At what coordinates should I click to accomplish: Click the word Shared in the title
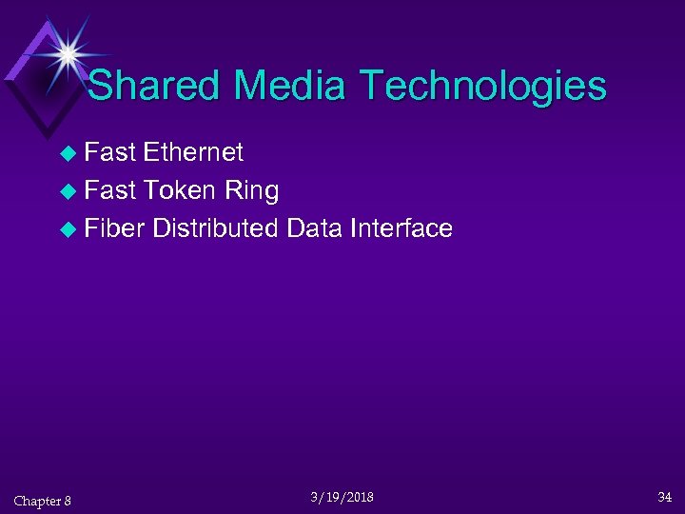[x=155, y=86]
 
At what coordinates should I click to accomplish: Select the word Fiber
[x=113, y=228]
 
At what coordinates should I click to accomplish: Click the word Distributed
[x=214, y=228]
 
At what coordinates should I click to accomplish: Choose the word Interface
[x=401, y=228]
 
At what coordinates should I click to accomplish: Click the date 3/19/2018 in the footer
[x=342, y=498]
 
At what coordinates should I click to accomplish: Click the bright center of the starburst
[x=68, y=53]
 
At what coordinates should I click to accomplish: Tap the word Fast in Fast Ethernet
[x=110, y=152]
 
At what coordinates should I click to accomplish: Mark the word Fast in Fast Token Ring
[x=110, y=190]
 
